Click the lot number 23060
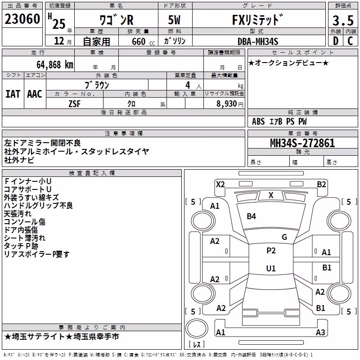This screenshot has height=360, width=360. [x=22, y=19]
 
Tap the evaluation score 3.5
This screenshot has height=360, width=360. [x=343, y=20]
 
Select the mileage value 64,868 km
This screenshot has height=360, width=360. [x=55, y=65]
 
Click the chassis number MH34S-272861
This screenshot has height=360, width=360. [x=302, y=143]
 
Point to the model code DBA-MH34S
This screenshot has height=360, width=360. [x=258, y=41]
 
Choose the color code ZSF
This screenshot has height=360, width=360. [x=74, y=104]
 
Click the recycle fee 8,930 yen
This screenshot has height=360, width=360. [x=230, y=104]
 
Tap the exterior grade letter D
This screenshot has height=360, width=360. [x=336, y=41]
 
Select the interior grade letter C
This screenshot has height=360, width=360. [x=350, y=41]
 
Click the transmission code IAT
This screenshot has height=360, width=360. [x=13, y=94]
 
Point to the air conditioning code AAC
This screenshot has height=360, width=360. [x=35, y=94]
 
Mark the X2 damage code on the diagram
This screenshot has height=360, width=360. [x=220, y=184]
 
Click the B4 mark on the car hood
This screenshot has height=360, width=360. [x=251, y=216]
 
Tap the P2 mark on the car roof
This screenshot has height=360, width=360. [x=271, y=251]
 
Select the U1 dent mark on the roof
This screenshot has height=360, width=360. [x=271, y=268]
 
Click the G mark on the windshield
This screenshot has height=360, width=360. [x=284, y=237]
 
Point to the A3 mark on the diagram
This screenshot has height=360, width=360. [x=320, y=332]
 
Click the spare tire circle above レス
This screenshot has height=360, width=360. [x=197, y=329]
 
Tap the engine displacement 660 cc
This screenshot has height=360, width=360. [x=143, y=42]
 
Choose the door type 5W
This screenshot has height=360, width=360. [x=174, y=20]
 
